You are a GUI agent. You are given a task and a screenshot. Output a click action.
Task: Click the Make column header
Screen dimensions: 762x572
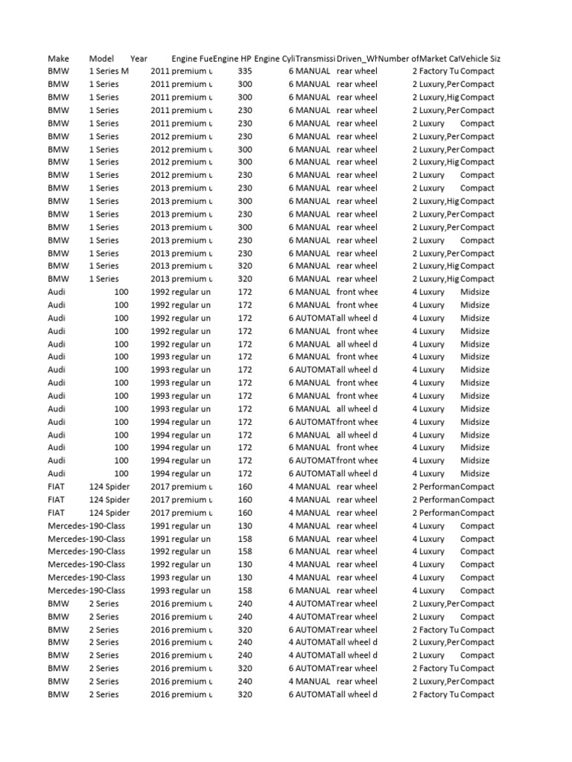(58, 58)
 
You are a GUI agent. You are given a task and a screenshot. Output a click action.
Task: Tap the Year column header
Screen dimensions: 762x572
(139, 58)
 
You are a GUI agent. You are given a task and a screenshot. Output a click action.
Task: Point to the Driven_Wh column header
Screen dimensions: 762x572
(357, 58)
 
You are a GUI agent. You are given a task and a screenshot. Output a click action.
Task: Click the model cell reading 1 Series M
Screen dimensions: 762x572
(109, 71)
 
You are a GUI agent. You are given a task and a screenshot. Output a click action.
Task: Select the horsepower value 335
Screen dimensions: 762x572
(244, 71)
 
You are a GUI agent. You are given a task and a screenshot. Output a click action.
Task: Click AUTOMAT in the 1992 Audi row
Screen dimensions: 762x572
(315, 318)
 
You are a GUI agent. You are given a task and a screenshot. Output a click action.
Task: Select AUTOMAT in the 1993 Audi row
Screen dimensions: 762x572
(315, 370)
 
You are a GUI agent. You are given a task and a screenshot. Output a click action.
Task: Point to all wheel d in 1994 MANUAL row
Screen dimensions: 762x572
(357, 435)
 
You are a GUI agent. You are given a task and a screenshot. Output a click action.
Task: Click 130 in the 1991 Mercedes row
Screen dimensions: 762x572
(244, 525)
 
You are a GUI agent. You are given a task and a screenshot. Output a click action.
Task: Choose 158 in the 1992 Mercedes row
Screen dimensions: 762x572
(244, 551)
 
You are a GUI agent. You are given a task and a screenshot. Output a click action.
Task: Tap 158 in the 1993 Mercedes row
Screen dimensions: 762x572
(244, 590)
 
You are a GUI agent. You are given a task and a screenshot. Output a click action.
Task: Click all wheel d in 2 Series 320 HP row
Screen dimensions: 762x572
(357, 694)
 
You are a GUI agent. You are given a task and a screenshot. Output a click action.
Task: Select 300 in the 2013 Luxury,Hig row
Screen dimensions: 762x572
(244, 201)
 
